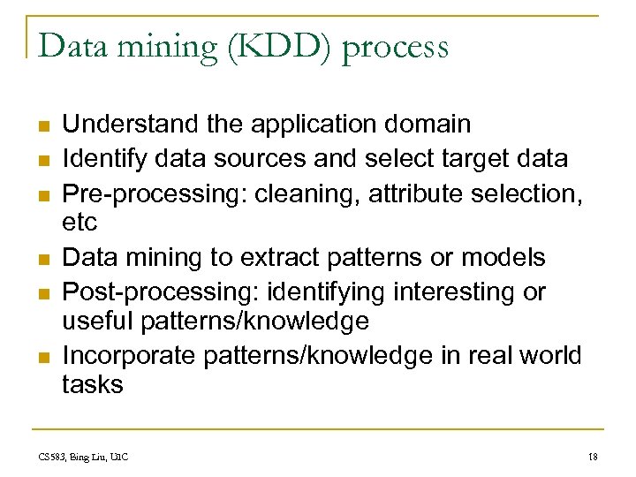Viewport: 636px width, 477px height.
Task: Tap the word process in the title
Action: [395, 49]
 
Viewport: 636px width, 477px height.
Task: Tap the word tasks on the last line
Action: [93, 384]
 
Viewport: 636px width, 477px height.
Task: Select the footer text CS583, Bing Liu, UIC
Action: [83, 457]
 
